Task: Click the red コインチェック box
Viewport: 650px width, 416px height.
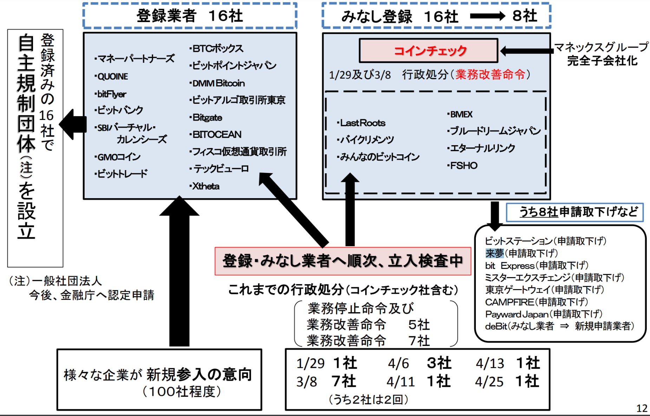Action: pos(428,51)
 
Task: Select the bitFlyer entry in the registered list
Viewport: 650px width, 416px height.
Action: pos(111,94)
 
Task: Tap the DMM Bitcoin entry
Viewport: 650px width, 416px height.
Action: pos(218,83)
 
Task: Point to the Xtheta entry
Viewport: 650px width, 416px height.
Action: pos(205,186)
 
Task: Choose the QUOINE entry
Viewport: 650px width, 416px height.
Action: pos(112,76)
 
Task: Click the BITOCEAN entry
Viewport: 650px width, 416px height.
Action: pos(216,134)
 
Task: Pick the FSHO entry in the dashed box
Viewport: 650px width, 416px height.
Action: pos(463,166)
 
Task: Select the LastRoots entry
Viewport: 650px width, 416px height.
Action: pos(362,123)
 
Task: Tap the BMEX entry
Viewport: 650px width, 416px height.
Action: pos(461,114)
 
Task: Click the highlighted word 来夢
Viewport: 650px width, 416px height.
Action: pos(494,253)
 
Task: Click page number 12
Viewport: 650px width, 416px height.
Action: pos(642,408)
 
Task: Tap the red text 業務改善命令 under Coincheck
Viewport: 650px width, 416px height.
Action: pos(490,74)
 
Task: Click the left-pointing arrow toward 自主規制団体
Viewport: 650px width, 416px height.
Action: pos(73,125)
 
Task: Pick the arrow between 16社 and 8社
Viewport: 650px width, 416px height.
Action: pos(487,16)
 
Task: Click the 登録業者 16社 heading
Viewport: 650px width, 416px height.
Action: pos(190,16)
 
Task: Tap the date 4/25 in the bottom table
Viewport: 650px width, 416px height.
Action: pos(489,382)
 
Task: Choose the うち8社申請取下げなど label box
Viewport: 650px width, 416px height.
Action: pos(575,212)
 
